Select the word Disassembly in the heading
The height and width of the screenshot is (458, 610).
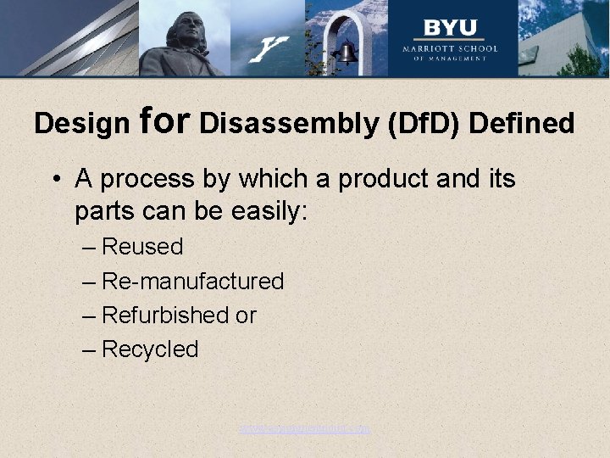pyautogui.click(x=289, y=124)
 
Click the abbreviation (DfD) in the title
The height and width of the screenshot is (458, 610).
pyautogui.click(x=424, y=124)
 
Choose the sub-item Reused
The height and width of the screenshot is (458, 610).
pyautogui.click(x=141, y=247)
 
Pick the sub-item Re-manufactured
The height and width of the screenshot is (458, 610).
pyautogui.click(x=192, y=281)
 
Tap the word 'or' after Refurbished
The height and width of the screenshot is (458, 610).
pyautogui.click(x=246, y=316)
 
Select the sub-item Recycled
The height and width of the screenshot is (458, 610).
pyautogui.click(x=149, y=349)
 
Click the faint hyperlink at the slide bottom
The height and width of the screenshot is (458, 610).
pyautogui.click(x=304, y=429)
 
